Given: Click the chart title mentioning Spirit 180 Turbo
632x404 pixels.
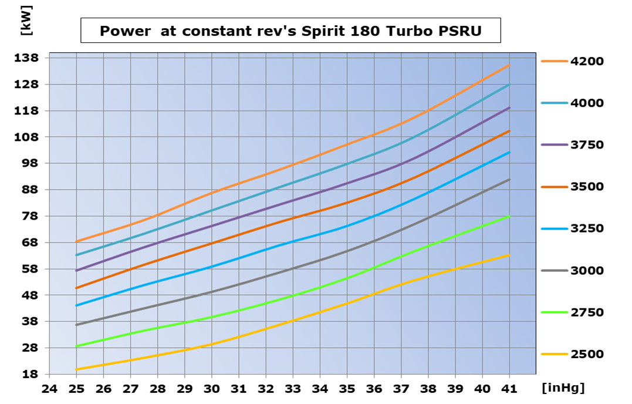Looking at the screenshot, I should [x=290, y=31].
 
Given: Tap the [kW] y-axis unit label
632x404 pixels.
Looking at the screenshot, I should [x=25, y=21].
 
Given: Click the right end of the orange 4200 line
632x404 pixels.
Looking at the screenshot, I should [x=509, y=65].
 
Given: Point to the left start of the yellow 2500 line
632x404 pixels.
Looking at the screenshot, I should [x=76, y=369].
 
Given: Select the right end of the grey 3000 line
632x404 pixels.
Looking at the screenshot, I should [x=509, y=179].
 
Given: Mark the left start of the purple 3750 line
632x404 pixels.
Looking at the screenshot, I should [x=76, y=271].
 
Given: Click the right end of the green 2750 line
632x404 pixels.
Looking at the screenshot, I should [x=509, y=216].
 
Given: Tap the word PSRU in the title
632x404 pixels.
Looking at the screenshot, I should [x=459, y=31].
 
